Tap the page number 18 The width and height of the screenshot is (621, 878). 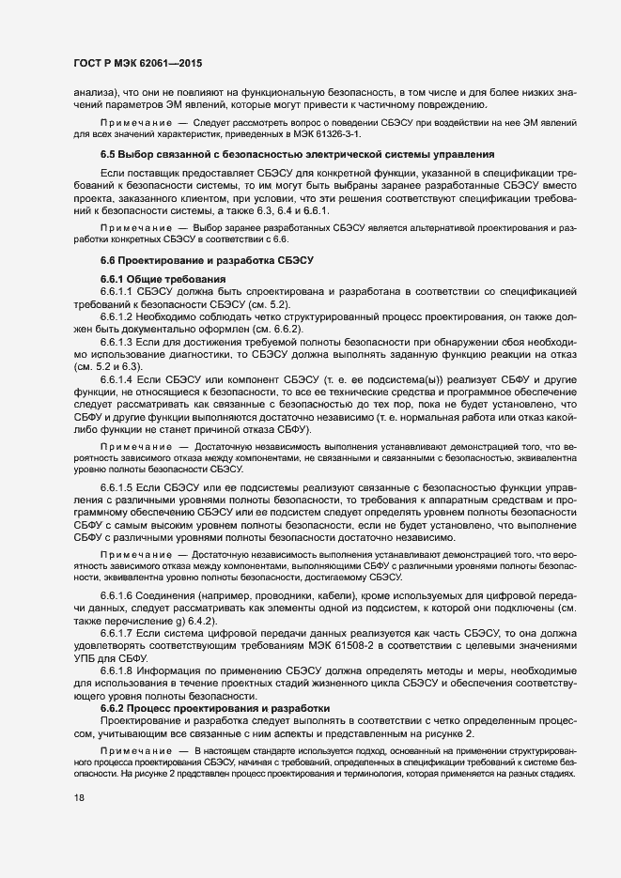coord(78,824)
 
